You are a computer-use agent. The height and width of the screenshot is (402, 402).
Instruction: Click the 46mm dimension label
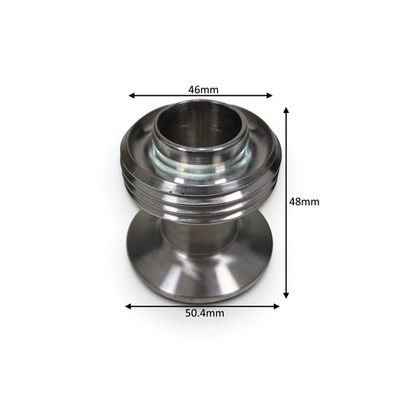(x=204, y=90)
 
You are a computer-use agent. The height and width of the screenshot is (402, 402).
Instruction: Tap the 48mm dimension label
(x=304, y=202)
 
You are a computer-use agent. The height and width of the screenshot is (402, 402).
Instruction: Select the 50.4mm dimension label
(x=204, y=313)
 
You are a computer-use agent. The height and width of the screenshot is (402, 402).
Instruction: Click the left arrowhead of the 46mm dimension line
(x=131, y=95)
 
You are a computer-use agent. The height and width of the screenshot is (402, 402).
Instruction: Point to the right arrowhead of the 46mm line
(x=269, y=95)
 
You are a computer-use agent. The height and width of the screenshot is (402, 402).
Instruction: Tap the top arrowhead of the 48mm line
(x=286, y=110)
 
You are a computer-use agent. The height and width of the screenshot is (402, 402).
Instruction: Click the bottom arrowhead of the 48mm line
(x=286, y=295)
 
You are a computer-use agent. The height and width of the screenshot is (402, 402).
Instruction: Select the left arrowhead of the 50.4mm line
(x=128, y=307)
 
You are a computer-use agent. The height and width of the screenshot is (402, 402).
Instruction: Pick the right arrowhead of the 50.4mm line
(x=276, y=307)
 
